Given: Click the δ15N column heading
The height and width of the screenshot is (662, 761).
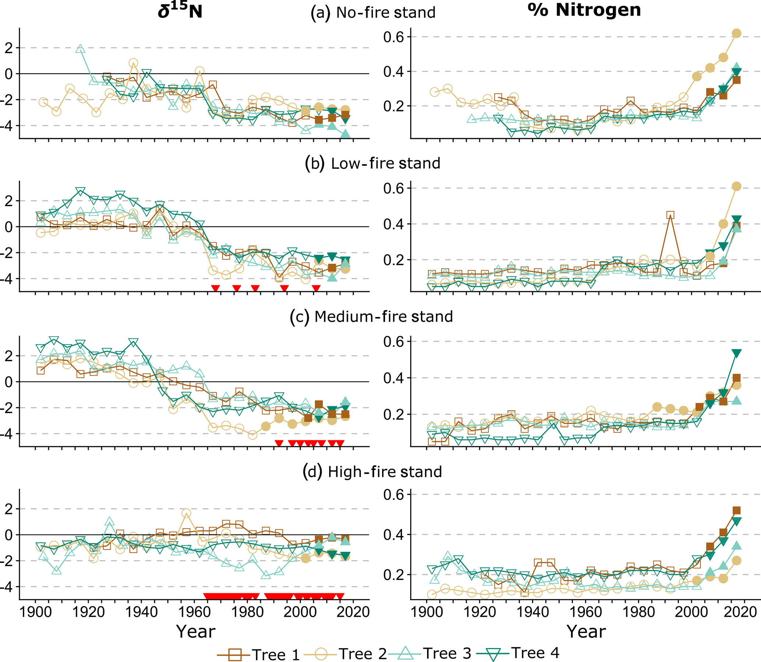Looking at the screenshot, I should pyautogui.click(x=180, y=11).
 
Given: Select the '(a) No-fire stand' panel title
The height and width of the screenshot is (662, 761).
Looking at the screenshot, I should pyautogui.click(x=373, y=13).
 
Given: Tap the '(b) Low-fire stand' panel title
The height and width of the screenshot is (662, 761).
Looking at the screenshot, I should pyautogui.click(x=373, y=163).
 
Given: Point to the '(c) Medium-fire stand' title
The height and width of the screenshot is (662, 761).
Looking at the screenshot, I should pyautogui.click(x=371, y=317).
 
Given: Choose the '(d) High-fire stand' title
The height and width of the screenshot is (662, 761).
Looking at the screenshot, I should pyautogui.click(x=372, y=472).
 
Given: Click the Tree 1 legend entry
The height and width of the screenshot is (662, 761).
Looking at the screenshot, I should pyautogui.click(x=258, y=654).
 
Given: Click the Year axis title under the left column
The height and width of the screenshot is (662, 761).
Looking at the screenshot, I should pyautogui.click(x=195, y=631).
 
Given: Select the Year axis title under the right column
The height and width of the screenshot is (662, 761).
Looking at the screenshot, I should pyautogui.click(x=586, y=631).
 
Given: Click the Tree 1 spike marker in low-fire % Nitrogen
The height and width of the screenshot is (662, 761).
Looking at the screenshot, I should pyautogui.click(x=670, y=215).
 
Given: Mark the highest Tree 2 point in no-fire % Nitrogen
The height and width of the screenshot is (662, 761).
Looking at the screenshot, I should pyautogui.click(x=736, y=33).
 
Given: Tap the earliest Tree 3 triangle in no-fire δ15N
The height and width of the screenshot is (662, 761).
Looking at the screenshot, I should pyautogui.click(x=81, y=49).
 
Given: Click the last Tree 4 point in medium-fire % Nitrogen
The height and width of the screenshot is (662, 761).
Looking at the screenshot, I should pyautogui.click(x=736, y=353).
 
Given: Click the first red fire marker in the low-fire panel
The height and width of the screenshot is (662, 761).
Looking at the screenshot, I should pyautogui.click(x=215, y=288).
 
